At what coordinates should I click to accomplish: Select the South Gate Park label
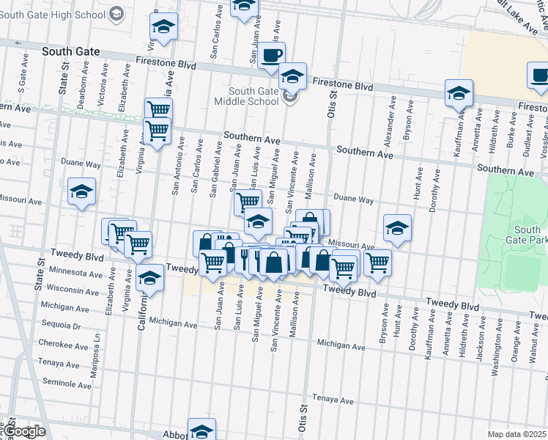click(527, 235)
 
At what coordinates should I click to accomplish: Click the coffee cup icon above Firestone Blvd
click(272, 55)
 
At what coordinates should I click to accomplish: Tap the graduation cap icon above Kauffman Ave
click(459, 93)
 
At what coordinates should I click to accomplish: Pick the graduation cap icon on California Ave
click(149, 279)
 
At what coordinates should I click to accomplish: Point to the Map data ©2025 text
click(517, 434)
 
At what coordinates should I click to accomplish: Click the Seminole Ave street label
click(67, 382)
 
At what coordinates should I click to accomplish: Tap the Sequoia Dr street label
click(61, 324)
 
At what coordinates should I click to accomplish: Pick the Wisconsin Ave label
click(67, 289)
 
